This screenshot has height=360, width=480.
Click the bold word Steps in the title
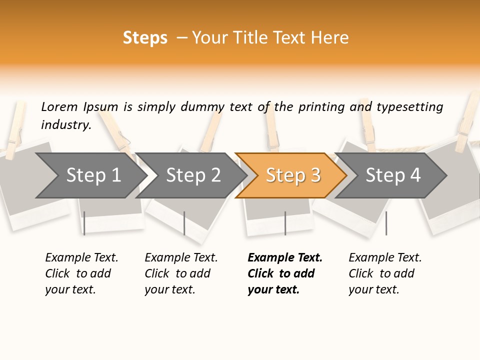(145, 38)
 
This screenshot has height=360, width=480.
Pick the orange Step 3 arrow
(293, 175)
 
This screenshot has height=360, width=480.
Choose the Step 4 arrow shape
(393, 175)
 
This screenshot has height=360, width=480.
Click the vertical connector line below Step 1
(84, 223)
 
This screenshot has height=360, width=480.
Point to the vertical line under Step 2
(184, 223)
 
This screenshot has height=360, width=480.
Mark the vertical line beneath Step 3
(285, 223)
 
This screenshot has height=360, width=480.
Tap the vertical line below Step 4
(386, 223)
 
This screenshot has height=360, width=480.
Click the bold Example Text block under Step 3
(285, 273)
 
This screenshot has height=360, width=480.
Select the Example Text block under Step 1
(81, 273)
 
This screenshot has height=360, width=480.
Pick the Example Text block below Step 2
(181, 273)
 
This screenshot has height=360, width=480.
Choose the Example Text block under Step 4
(385, 273)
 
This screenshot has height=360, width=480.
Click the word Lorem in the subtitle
(59, 106)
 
